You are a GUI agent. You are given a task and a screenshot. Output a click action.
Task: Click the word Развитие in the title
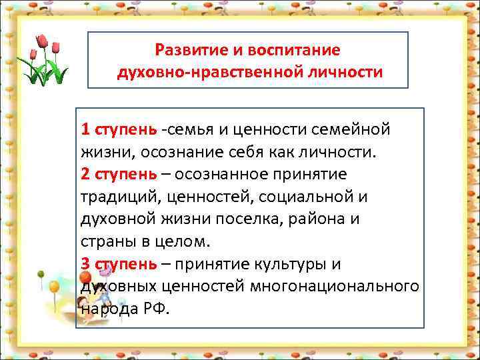pyautogui.click(x=184, y=51)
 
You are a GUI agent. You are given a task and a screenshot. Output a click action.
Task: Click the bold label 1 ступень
pyautogui.click(x=119, y=128)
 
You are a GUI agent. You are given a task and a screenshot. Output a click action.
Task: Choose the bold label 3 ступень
pyautogui.click(x=119, y=264)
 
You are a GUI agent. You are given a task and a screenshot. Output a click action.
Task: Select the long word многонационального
pyautogui.click(x=333, y=287)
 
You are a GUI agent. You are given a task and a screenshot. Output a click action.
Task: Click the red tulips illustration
pyautogui.click(x=44, y=61)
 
